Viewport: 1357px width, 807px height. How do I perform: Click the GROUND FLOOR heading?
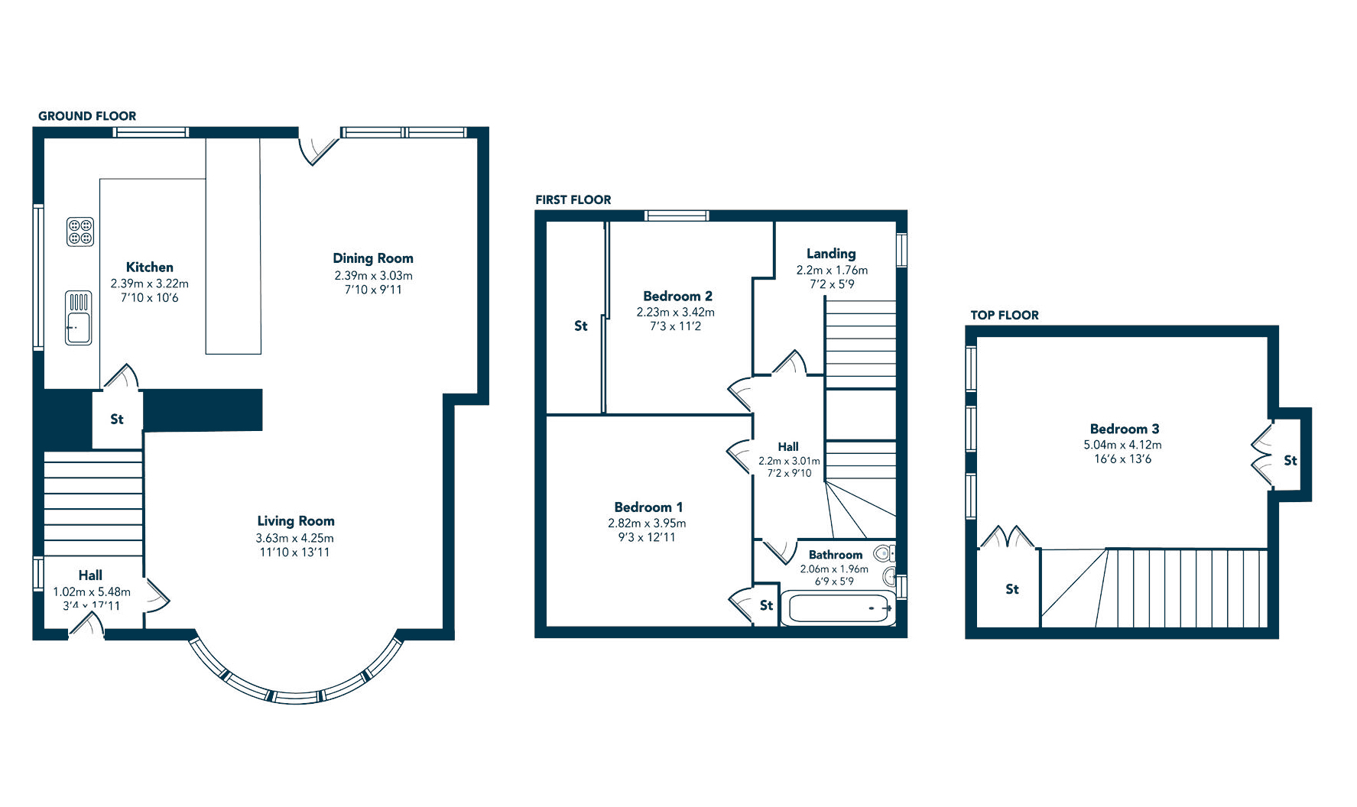point(87,116)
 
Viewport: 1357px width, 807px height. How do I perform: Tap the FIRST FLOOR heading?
point(573,200)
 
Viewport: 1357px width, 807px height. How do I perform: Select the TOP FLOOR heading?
point(1004,316)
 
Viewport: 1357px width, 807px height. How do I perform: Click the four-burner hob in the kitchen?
point(80,232)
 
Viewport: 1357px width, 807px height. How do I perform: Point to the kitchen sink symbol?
point(78,318)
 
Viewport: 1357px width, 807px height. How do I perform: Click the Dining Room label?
point(373,258)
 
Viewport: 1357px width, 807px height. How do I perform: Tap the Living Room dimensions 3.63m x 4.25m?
point(294,538)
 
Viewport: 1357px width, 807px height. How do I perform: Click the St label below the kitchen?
point(117,420)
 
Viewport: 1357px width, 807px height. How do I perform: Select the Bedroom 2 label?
point(677,296)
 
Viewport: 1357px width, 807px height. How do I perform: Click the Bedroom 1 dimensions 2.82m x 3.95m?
point(647,523)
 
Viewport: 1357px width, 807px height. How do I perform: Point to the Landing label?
point(831,254)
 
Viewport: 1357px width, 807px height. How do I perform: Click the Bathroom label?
point(835,555)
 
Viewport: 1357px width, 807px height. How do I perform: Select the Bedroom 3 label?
point(1124,429)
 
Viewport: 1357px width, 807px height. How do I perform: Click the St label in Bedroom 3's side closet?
point(1290,461)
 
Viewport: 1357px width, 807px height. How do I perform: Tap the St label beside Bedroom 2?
point(581,326)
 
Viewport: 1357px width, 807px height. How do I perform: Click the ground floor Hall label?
point(90,575)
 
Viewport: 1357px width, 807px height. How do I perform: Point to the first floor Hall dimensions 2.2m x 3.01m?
point(789,461)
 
